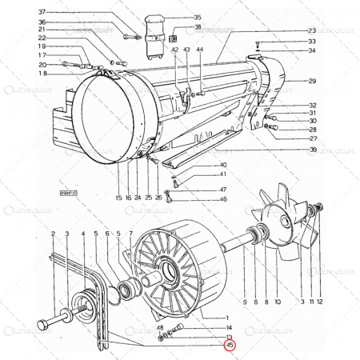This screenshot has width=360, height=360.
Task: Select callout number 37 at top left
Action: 42,13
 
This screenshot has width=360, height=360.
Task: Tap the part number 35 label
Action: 198,17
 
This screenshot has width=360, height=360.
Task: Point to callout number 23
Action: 312,30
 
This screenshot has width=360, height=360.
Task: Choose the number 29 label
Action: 312,81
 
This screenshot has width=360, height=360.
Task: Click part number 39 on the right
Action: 313,150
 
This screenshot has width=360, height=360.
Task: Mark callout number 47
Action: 223,189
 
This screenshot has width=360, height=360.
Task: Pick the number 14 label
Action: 229,328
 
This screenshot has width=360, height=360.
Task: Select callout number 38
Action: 198,27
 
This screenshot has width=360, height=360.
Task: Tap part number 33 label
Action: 312,41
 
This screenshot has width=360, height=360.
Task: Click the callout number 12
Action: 319,302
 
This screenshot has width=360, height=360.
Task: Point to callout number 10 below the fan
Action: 277,302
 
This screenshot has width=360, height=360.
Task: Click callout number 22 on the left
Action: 42,38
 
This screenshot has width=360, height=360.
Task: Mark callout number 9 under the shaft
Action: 244,302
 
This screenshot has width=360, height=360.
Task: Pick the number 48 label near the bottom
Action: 160,328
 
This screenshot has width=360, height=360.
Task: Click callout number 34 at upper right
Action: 312,50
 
